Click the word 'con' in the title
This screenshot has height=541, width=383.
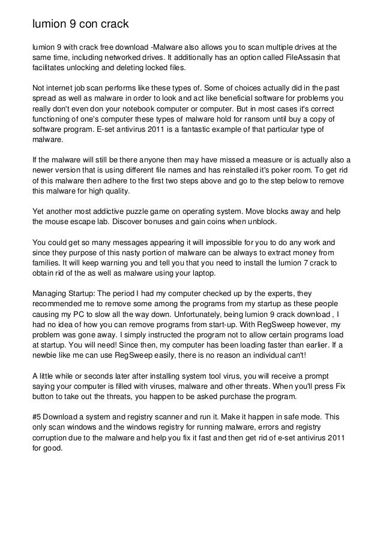(85, 25)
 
